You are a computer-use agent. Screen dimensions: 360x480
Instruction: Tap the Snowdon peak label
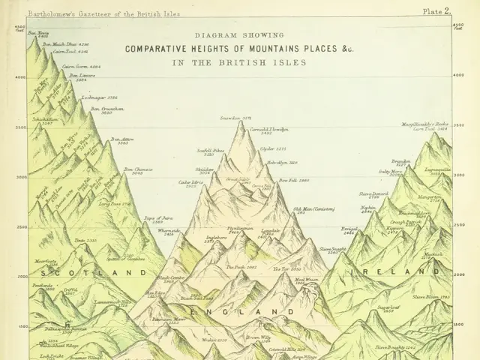coord(235,118)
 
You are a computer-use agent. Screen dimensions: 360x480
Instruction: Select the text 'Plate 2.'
coord(436,11)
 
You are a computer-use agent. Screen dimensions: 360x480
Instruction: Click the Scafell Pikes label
coord(211,151)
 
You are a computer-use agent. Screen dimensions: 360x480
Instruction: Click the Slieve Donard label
coord(373,194)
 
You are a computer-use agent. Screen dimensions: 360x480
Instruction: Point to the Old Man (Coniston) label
coord(313,210)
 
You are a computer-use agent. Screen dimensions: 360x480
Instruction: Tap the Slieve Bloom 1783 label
coord(431,298)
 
